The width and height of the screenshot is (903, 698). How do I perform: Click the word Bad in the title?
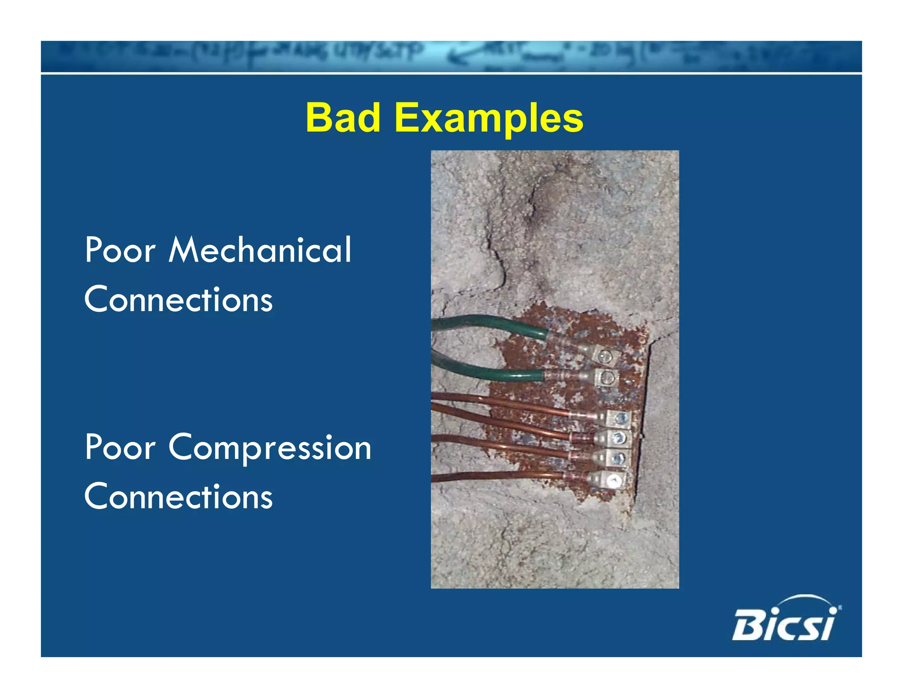(x=343, y=118)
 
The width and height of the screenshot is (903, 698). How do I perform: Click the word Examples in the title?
(x=489, y=118)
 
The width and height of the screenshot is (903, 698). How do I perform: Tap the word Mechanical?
(x=260, y=250)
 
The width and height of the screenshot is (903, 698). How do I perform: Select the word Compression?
(x=270, y=447)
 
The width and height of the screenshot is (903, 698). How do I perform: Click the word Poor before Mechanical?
(x=120, y=250)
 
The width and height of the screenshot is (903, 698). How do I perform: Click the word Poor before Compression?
(x=120, y=447)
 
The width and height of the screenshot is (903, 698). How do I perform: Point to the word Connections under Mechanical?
(x=179, y=299)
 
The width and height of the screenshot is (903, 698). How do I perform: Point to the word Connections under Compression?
(x=179, y=496)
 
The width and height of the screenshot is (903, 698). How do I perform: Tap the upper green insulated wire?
(x=485, y=324)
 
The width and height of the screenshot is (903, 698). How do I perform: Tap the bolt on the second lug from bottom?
(x=618, y=458)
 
